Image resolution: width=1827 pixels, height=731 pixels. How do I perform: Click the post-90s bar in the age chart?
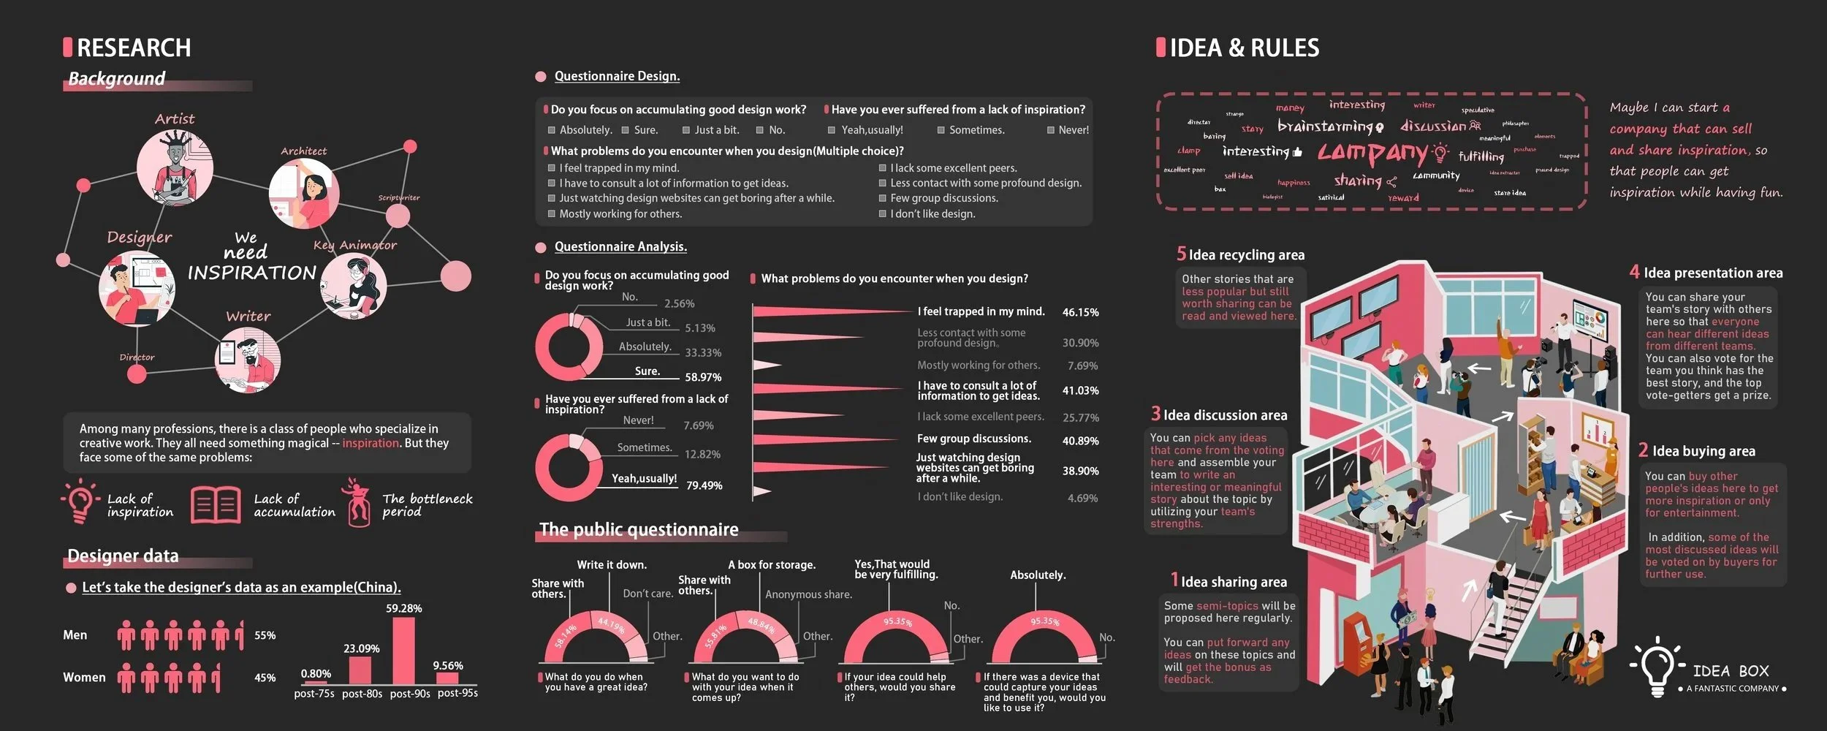tap(403, 651)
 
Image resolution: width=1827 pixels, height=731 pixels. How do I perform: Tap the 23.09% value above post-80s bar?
tap(362, 648)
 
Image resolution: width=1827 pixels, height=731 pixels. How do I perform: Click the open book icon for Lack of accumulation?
tap(216, 505)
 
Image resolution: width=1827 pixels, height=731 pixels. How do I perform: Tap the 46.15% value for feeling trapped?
tap(1080, 312)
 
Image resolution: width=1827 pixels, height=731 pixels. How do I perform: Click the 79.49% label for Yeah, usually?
tap(704, 485)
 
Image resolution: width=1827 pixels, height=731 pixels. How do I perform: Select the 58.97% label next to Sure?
tap(703, 377)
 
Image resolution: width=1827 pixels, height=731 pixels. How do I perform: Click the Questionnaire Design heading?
tap(617, 76)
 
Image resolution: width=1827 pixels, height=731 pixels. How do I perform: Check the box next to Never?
tap(1051, 130)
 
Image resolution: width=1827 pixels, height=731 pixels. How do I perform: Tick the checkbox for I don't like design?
tap(883, 214)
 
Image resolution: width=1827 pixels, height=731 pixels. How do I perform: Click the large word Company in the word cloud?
tap(1372, 154)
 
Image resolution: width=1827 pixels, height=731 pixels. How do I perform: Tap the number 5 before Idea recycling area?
tap(1181, 254)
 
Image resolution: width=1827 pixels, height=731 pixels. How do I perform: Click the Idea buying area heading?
tap(1703, 451)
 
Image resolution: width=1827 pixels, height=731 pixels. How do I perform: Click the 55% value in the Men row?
tap(265, 635)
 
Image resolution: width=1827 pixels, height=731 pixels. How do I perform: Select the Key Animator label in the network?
tap(355, 245)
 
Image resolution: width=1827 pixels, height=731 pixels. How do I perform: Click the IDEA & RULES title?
tap(1244, 48)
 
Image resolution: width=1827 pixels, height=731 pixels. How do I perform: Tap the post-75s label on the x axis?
tap(314, 694)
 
